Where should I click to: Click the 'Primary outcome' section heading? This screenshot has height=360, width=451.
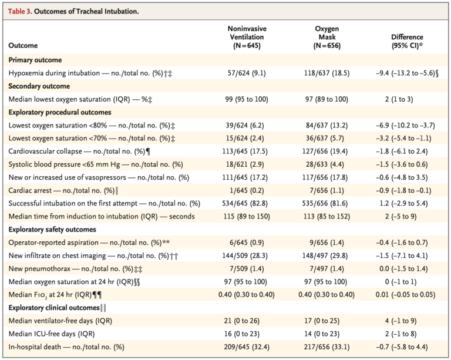[x=35, y=60]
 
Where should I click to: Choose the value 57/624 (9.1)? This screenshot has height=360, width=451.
[x=247, y=73]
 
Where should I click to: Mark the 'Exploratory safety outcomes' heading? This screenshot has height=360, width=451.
[x=53, y=229]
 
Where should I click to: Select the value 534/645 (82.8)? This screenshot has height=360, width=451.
[x=247, y=203]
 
